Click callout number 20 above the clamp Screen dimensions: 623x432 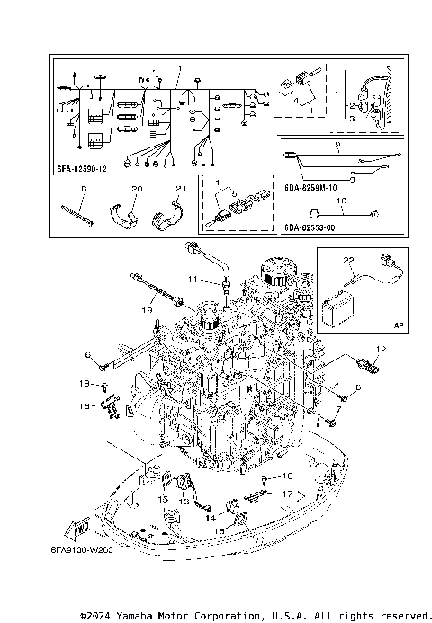(x=136, y=189)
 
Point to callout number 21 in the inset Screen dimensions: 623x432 (x=180, y=189)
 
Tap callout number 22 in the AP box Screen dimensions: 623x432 (x=347, y=261)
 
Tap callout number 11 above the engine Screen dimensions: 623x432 (x=192, y=280)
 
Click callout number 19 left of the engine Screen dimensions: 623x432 (x=145, y=308)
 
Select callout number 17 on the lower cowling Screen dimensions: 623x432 (x=287, y=494)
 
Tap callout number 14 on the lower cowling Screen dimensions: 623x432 (x=211, y=518)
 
